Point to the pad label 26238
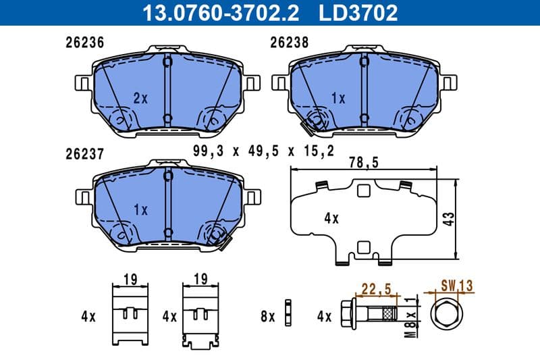[x=289, y=42]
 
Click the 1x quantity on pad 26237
[x=140, y=210]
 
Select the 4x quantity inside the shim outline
[x=330, y=219]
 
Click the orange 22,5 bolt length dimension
[x=378, y=289]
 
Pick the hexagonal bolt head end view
[x=446, y=315]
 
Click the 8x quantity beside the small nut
[x=268, y=315]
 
